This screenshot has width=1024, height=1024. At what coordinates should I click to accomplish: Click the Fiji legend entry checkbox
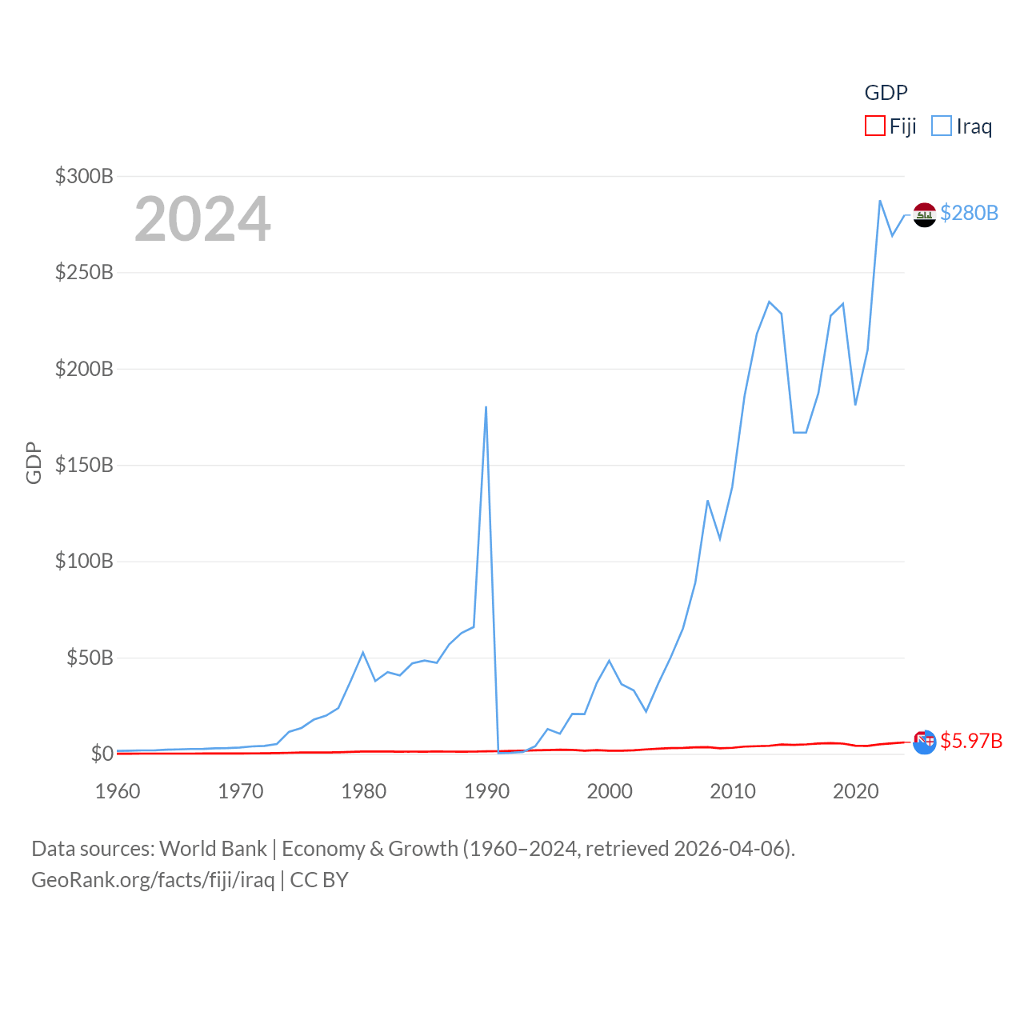pyautogui.click(x=875, y=126)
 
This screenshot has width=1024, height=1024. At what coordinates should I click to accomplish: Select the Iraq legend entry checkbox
pyautogui.click(x=942, y=126)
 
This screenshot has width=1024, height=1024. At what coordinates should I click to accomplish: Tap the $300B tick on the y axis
pyautogui.click(x=84, y=176)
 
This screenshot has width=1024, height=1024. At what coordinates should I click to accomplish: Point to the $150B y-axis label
pyautogui.click(x=84, y=465)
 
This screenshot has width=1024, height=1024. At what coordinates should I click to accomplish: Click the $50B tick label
pyautogui.click(x=90, y=658)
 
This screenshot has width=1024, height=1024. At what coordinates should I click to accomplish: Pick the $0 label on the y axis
pyautogui.click(x=102, y=754)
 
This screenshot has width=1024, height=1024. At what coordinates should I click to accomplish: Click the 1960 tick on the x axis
pyautogui.click(x=118, y=791)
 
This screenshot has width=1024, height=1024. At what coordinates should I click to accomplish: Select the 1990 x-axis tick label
pyautogui.click(x=486, y=791)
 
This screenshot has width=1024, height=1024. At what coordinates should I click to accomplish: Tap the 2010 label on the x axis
pyautogui.click(x=733, y=791)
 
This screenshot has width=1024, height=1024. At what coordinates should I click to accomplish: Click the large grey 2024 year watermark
pyautogui.click(x=202, y=218)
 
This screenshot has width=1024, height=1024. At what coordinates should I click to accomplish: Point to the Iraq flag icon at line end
pyautogui.click(x=925, y=214)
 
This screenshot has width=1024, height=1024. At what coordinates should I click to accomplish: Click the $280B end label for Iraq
pyautogui.click(x=969, y=213)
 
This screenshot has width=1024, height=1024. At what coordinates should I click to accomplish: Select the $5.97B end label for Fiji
pyautogui.click(x=971, y=741)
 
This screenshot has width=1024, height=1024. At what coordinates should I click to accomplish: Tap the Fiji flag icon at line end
pyautogui.click(x=924, y=742)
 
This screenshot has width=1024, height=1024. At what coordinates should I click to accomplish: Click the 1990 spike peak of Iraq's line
pyautogui.click(x=486, y=407)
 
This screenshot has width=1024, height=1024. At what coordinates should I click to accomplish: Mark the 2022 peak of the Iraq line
pyautogui.click(x=880, y=201)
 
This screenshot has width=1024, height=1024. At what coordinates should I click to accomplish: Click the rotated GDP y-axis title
pyautogui.click(x=34, y=462)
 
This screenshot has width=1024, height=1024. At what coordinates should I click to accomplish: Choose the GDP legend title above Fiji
pyautogui.click(x=886, y=93)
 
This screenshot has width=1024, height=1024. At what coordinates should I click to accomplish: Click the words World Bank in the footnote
pyautogui.click(x=213, y=848)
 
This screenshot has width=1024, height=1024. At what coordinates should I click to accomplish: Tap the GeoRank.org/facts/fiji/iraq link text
pyautogui.click(x=153, y=880)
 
